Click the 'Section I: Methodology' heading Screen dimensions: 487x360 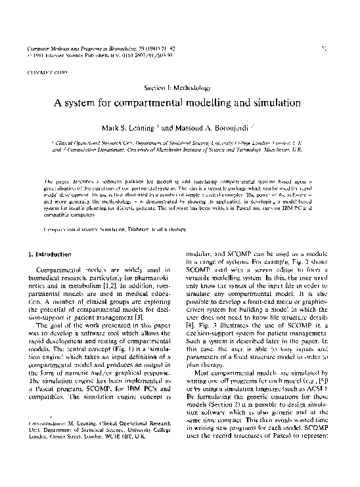click(179, 87)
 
